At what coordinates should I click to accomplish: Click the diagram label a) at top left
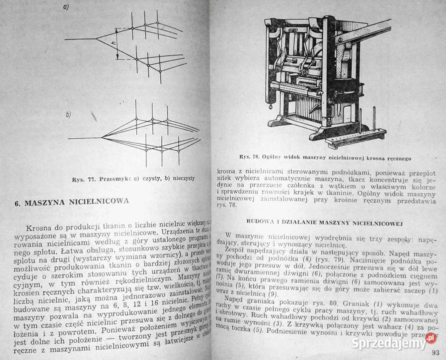[x=66, y=7]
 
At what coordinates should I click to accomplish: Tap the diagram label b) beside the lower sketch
[x=68, y=115]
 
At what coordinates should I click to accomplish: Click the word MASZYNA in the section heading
[x=49, y=202]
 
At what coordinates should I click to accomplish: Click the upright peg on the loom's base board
[x=373, y=123]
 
